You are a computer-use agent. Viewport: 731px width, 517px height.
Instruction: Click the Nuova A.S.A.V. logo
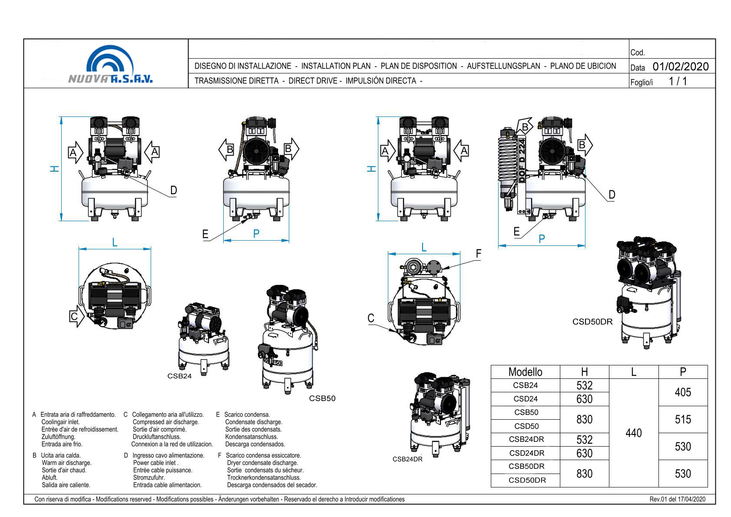coord(110,65)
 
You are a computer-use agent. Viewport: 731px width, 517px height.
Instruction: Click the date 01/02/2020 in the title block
coord(680,66)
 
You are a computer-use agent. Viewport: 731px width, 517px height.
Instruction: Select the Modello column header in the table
coord(525,372)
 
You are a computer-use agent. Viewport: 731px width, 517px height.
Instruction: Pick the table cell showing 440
coord(634,433)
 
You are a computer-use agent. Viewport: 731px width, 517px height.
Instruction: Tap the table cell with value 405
coord(683,392)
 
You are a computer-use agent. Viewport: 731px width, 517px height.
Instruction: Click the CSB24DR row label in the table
coord(526,439)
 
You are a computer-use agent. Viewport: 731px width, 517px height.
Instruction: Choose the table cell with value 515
coord(683,419)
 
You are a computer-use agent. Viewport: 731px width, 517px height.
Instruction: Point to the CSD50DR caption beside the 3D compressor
coord(592,322)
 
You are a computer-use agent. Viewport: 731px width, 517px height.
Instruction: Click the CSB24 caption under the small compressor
coord(179,376)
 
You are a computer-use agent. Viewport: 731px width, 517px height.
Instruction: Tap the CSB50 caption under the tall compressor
coord(322,398)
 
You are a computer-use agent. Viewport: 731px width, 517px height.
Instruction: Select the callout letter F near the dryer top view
coord(478,253)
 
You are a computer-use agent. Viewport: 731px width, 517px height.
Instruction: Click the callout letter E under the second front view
coord(205,235)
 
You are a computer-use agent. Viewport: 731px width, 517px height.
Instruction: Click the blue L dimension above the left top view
coord(115,242)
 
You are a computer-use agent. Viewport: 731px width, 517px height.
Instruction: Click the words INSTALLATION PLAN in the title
coord(336,66)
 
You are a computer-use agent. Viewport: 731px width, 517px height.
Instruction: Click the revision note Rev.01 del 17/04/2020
coord(678,499)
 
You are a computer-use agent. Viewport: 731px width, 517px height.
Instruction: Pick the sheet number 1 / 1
coord(678,81)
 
